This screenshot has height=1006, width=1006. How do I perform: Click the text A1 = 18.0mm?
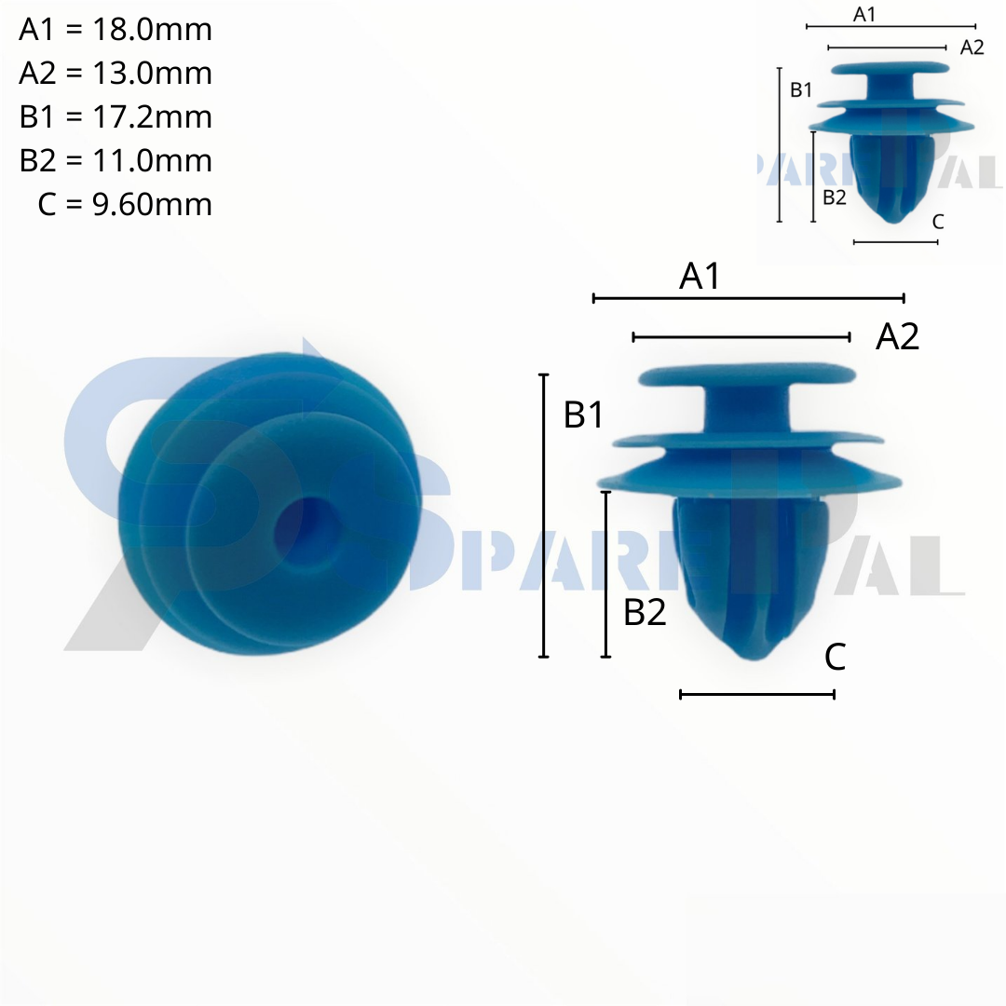tap(116, 30)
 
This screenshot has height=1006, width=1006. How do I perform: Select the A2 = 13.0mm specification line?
tap(116, 74)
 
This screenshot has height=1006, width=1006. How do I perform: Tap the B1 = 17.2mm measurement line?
tap(116, 116)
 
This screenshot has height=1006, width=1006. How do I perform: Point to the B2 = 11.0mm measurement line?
tap(116, 160)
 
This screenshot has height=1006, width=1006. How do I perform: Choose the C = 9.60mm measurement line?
tap(125, 204)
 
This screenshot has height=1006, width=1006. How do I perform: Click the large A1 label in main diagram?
tap(700, 277)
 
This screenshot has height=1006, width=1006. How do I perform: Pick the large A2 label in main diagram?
tap(897, 336)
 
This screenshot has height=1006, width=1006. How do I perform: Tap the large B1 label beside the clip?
tap(583, 415)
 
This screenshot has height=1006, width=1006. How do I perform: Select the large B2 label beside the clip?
tap(645, 612)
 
